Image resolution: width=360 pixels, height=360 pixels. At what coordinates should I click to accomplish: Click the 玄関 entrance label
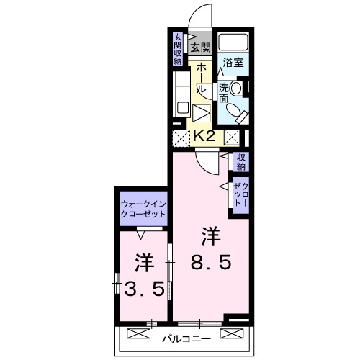[201, 48]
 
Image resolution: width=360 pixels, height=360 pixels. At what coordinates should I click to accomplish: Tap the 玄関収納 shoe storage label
[178, 49]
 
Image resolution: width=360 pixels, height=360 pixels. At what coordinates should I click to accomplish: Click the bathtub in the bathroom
[233, 42]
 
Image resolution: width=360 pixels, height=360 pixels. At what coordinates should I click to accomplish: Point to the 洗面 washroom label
[223, 93]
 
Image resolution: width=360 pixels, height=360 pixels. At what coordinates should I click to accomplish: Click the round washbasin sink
[236, 88]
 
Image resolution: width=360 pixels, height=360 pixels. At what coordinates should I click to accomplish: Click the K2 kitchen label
[204, 136]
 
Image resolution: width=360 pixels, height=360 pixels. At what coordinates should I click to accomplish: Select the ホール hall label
[201, 78]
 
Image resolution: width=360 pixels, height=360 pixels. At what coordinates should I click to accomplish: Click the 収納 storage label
[241, 162]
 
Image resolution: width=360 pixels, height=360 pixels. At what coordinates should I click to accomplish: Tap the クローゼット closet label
[241, 195]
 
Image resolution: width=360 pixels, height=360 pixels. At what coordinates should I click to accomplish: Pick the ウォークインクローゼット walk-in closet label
[143, 209]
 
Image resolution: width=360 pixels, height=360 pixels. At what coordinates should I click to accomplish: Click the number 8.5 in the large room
[211, 262]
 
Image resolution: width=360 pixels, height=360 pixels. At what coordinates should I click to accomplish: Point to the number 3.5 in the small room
[144, 289]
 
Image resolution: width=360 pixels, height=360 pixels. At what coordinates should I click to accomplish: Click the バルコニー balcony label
[186, 339]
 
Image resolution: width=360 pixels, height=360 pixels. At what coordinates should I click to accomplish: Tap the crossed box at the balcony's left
[138, 333]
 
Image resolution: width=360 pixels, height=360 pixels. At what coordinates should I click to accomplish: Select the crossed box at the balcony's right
[232, 333]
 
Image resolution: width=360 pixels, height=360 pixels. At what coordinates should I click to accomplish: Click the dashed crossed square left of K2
[181, 138]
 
